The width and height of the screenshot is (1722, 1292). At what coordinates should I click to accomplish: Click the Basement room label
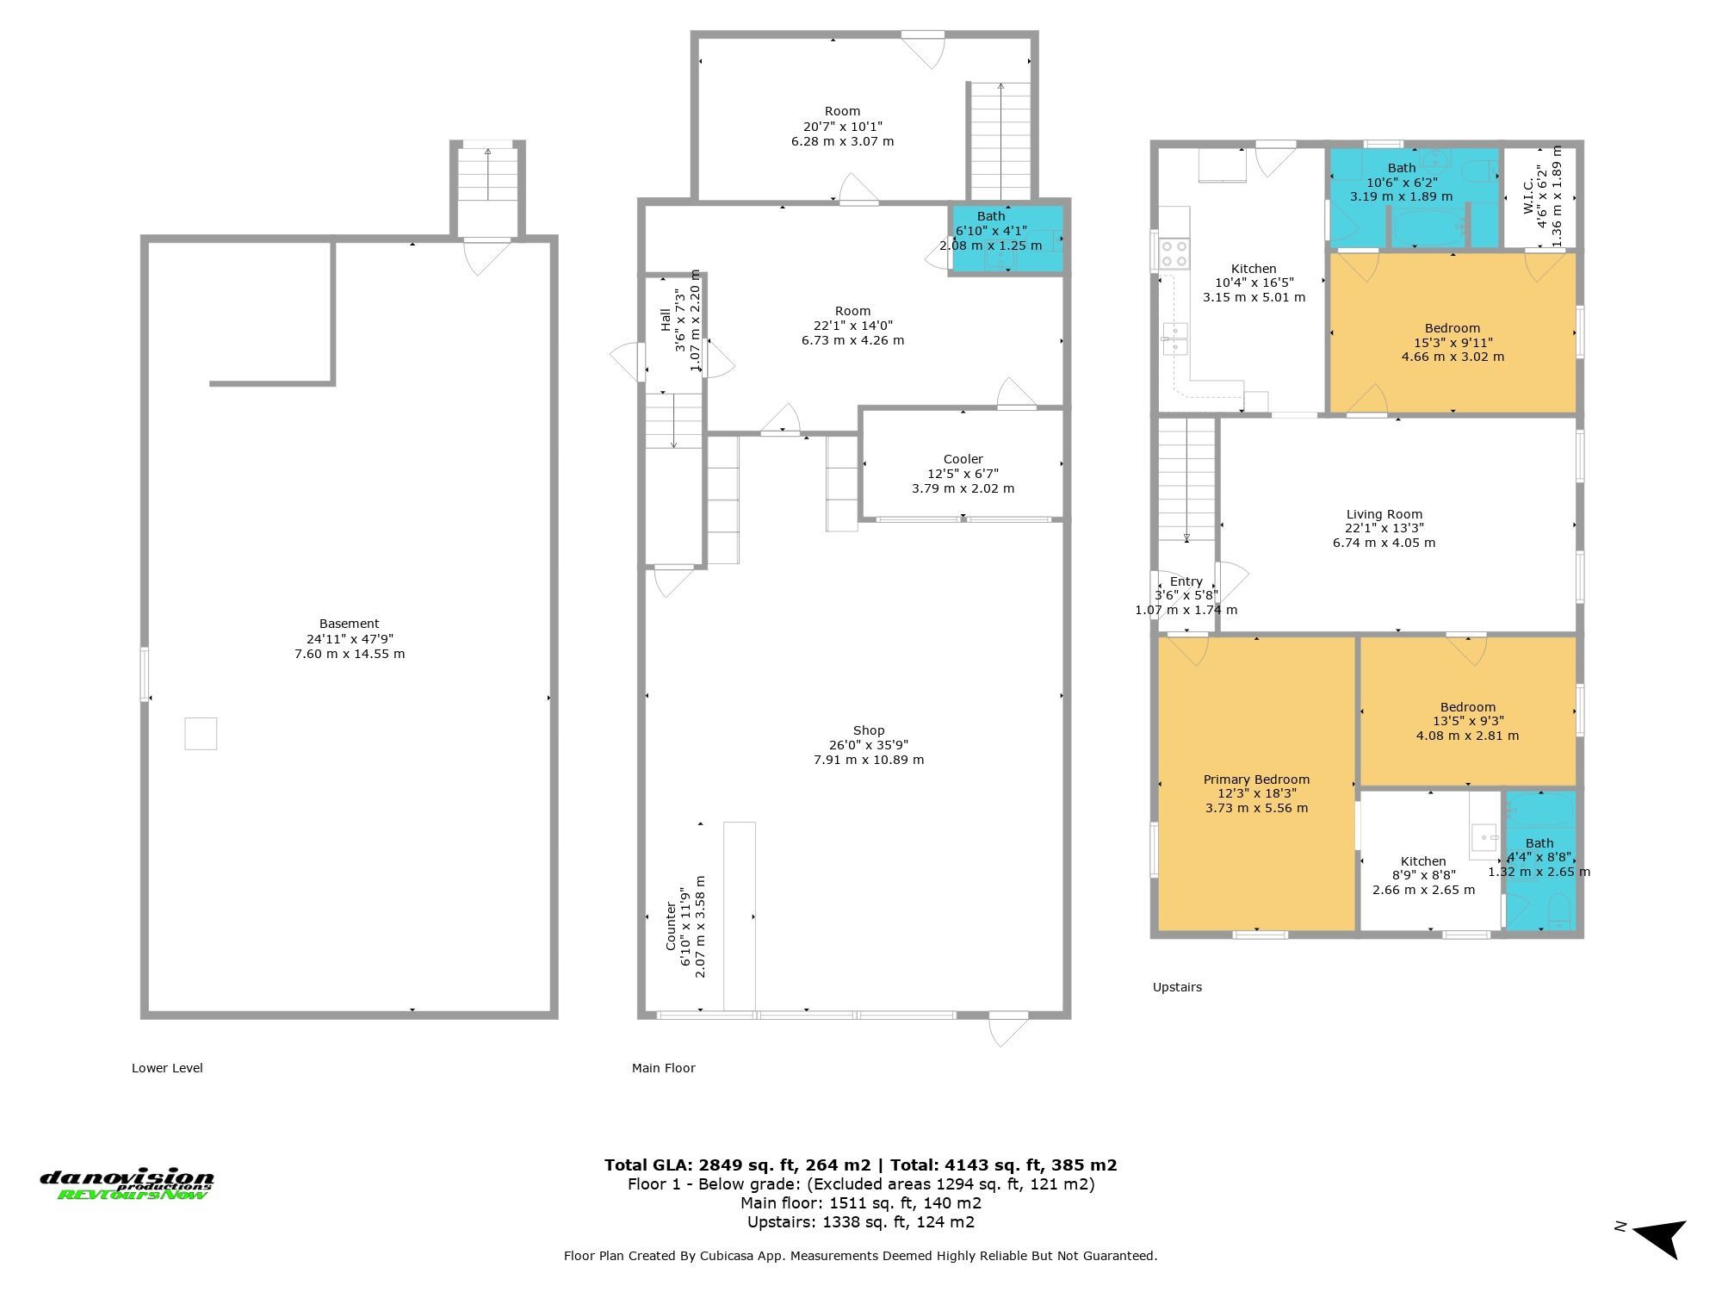point(349,624)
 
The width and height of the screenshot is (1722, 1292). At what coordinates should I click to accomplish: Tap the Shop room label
point(869,730)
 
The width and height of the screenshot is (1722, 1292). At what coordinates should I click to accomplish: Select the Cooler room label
point(963,459)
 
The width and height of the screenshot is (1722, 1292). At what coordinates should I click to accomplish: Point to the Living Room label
point(1384,514)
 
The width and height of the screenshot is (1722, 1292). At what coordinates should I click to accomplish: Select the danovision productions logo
point(127,1184)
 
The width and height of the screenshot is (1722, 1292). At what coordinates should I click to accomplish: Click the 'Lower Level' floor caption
point(167,1068)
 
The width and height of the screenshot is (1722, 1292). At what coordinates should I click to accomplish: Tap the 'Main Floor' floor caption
point(663,1068)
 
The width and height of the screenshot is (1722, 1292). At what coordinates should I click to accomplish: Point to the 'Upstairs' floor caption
point(1177,987)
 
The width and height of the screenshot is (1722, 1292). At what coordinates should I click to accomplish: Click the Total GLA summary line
point(861,1165)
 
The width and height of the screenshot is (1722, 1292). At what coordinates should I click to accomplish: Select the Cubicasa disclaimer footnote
point(861,1256)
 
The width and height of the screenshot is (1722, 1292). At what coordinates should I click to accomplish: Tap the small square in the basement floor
point(201,734)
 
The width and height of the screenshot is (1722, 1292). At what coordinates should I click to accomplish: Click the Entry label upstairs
point(1186,581)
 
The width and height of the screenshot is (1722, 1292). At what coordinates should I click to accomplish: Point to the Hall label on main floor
point(666,320)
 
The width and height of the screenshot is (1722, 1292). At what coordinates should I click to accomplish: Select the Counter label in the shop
point(671,927)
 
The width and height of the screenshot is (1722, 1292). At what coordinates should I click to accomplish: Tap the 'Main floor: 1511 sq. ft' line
point(861,1203)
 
